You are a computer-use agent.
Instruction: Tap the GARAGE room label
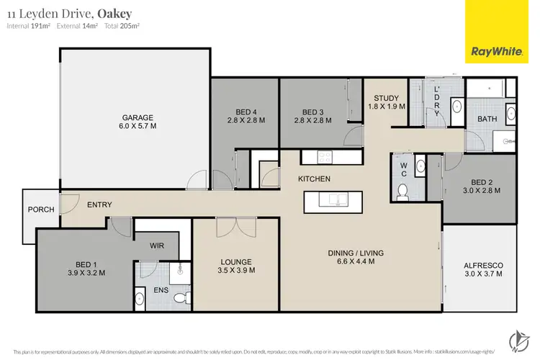pyautogui.click(x=138, y=117)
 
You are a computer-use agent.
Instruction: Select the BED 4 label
pyautogui.click(x=246, y=112)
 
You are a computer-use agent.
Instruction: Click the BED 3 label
pyautogui.click(x=313, y=112)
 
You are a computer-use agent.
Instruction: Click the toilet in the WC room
pyautogui.click(x=403, y=191)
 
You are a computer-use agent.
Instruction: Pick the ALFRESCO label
pyautogui.click(x=478, y=266)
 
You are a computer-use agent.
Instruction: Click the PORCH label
pyautogui.click(x=41, y=210)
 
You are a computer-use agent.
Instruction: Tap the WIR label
pyautogui.click(x=157, y=246)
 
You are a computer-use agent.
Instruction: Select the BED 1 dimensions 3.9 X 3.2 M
pyautogui.click(x=86, y=273)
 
